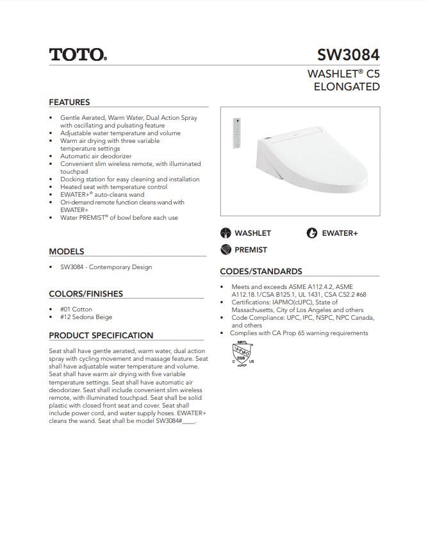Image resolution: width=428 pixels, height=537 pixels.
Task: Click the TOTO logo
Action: pyautogui.click(x=78, y=54)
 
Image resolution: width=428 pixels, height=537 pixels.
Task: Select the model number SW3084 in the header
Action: pyautogui.click(x=349, y=54)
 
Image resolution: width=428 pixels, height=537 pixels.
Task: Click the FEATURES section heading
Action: pyautogui.click(x=69, y=102)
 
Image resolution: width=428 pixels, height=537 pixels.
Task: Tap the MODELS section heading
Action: pyautogui.click(x=66, y=252)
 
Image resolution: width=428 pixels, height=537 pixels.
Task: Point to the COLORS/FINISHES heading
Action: pyautogui.click(x=86, y=294)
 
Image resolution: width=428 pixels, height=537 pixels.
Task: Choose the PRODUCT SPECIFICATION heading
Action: pyautogui.click(x=101, y=335)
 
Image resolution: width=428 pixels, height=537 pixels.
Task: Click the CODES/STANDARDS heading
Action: pyautogui.click(x=261, y=271)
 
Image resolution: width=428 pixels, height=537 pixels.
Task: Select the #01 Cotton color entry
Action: pyautogui.click(x=76, y=309)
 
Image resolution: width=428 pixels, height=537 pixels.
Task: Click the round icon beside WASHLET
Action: pyautogui.click(x=225, y=233)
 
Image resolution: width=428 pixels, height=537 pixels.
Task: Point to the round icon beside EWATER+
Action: pyautogui.click(x=312, y=233)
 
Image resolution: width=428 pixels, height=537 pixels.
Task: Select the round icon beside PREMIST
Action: pyautogui.click(x=225, y=249)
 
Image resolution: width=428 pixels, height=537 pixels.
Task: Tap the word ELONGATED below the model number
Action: pyautogui.click(x=347, y=87)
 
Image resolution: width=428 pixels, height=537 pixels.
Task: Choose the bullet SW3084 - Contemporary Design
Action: pyautogui.click(x=106, y=267)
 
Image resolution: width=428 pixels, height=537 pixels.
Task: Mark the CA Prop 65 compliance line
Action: pyautogui.click(x=299, y=333)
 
